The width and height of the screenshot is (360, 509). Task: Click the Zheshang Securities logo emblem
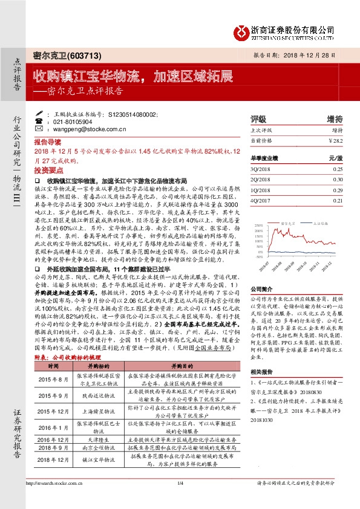pyautogui.click(x=243, y=30)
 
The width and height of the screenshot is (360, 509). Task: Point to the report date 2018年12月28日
pyautogui.click(x=319, y=55)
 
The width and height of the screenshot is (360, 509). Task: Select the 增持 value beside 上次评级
pyautogui.click(x=337, y=130)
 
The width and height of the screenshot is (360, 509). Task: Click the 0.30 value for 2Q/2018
pyautogui.click(x=338, y=180)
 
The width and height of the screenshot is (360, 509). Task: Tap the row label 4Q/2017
pyautogui.click(x=258, y=200)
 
